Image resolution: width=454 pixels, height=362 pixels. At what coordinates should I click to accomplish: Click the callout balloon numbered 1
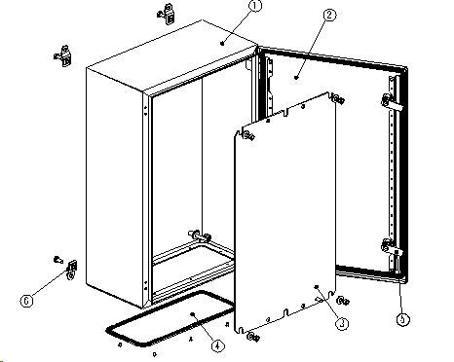[x=256, y=6]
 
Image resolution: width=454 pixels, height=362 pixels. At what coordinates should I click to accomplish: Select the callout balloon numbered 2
[x=329, y=15]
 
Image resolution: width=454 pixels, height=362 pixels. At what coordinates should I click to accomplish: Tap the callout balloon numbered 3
[x=342, y=323]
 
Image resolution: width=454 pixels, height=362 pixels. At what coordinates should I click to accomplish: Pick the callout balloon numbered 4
[x=217, y=345]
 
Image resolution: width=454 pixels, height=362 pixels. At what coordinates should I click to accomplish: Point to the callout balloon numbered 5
[x=402, y=320]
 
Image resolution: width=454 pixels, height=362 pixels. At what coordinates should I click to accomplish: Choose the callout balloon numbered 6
[x=26, y=301]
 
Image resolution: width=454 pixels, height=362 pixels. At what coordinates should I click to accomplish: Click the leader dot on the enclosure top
[x=222, y=43]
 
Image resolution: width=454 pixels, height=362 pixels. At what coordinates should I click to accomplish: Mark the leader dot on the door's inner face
[x=296, y=78]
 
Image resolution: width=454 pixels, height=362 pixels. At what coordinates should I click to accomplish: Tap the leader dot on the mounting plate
[x=317, y=287]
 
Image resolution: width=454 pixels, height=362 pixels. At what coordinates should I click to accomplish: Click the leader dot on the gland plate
[x=193, y=314]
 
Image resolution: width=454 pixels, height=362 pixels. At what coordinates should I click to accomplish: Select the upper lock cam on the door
[x=392, y=102]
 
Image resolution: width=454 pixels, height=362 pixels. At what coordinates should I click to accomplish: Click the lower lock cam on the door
[x=392, y=248]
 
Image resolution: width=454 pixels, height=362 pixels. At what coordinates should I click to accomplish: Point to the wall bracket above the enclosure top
[x=167, y=15]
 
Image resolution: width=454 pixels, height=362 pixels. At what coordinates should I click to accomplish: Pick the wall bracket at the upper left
[x=63, y=56]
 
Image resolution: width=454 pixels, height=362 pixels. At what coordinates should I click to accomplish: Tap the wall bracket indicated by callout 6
[x=71, y=270]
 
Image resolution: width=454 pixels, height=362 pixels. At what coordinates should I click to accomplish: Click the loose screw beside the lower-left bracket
[x=57, y=259]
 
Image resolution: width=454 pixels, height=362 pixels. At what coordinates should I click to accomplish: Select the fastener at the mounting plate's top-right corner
[x=338, y=99]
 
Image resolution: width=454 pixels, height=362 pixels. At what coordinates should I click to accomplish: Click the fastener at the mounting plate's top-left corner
[x=249, y=135]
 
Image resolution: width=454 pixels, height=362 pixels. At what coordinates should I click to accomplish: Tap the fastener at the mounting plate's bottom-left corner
[x=253, y=337]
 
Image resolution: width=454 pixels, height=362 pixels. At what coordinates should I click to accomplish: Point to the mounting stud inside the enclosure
[x=200, y=235]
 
